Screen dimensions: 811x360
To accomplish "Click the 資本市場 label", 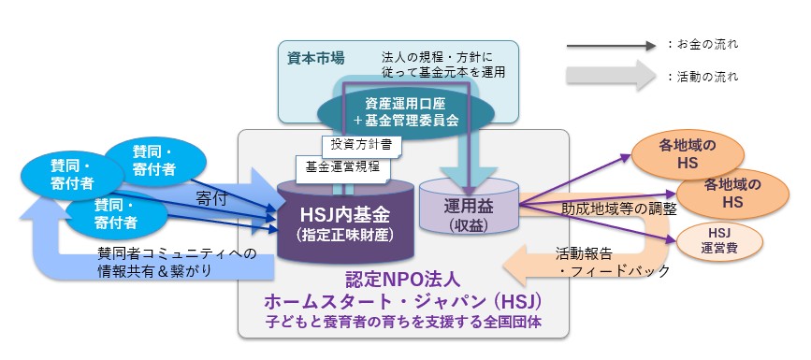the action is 315,58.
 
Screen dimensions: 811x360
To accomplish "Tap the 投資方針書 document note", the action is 362,144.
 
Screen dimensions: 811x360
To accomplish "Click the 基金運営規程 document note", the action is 343,167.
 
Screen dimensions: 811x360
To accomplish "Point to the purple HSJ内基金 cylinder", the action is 345,222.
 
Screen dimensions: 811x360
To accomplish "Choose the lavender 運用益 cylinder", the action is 469,207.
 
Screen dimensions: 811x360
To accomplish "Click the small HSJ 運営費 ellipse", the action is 719,240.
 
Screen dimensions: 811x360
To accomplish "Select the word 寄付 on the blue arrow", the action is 212,199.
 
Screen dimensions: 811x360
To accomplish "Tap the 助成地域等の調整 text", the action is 619,209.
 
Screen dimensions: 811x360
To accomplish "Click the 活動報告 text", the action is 584,253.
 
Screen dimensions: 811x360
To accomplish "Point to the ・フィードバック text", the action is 615,271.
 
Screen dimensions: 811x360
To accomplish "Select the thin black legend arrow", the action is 612,46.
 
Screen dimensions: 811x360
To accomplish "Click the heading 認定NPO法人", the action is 402,280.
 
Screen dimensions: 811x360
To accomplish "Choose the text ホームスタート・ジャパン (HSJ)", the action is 403,301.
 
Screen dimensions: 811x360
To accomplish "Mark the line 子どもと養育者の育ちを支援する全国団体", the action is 403,322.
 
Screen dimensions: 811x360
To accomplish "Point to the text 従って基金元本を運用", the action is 442,72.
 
